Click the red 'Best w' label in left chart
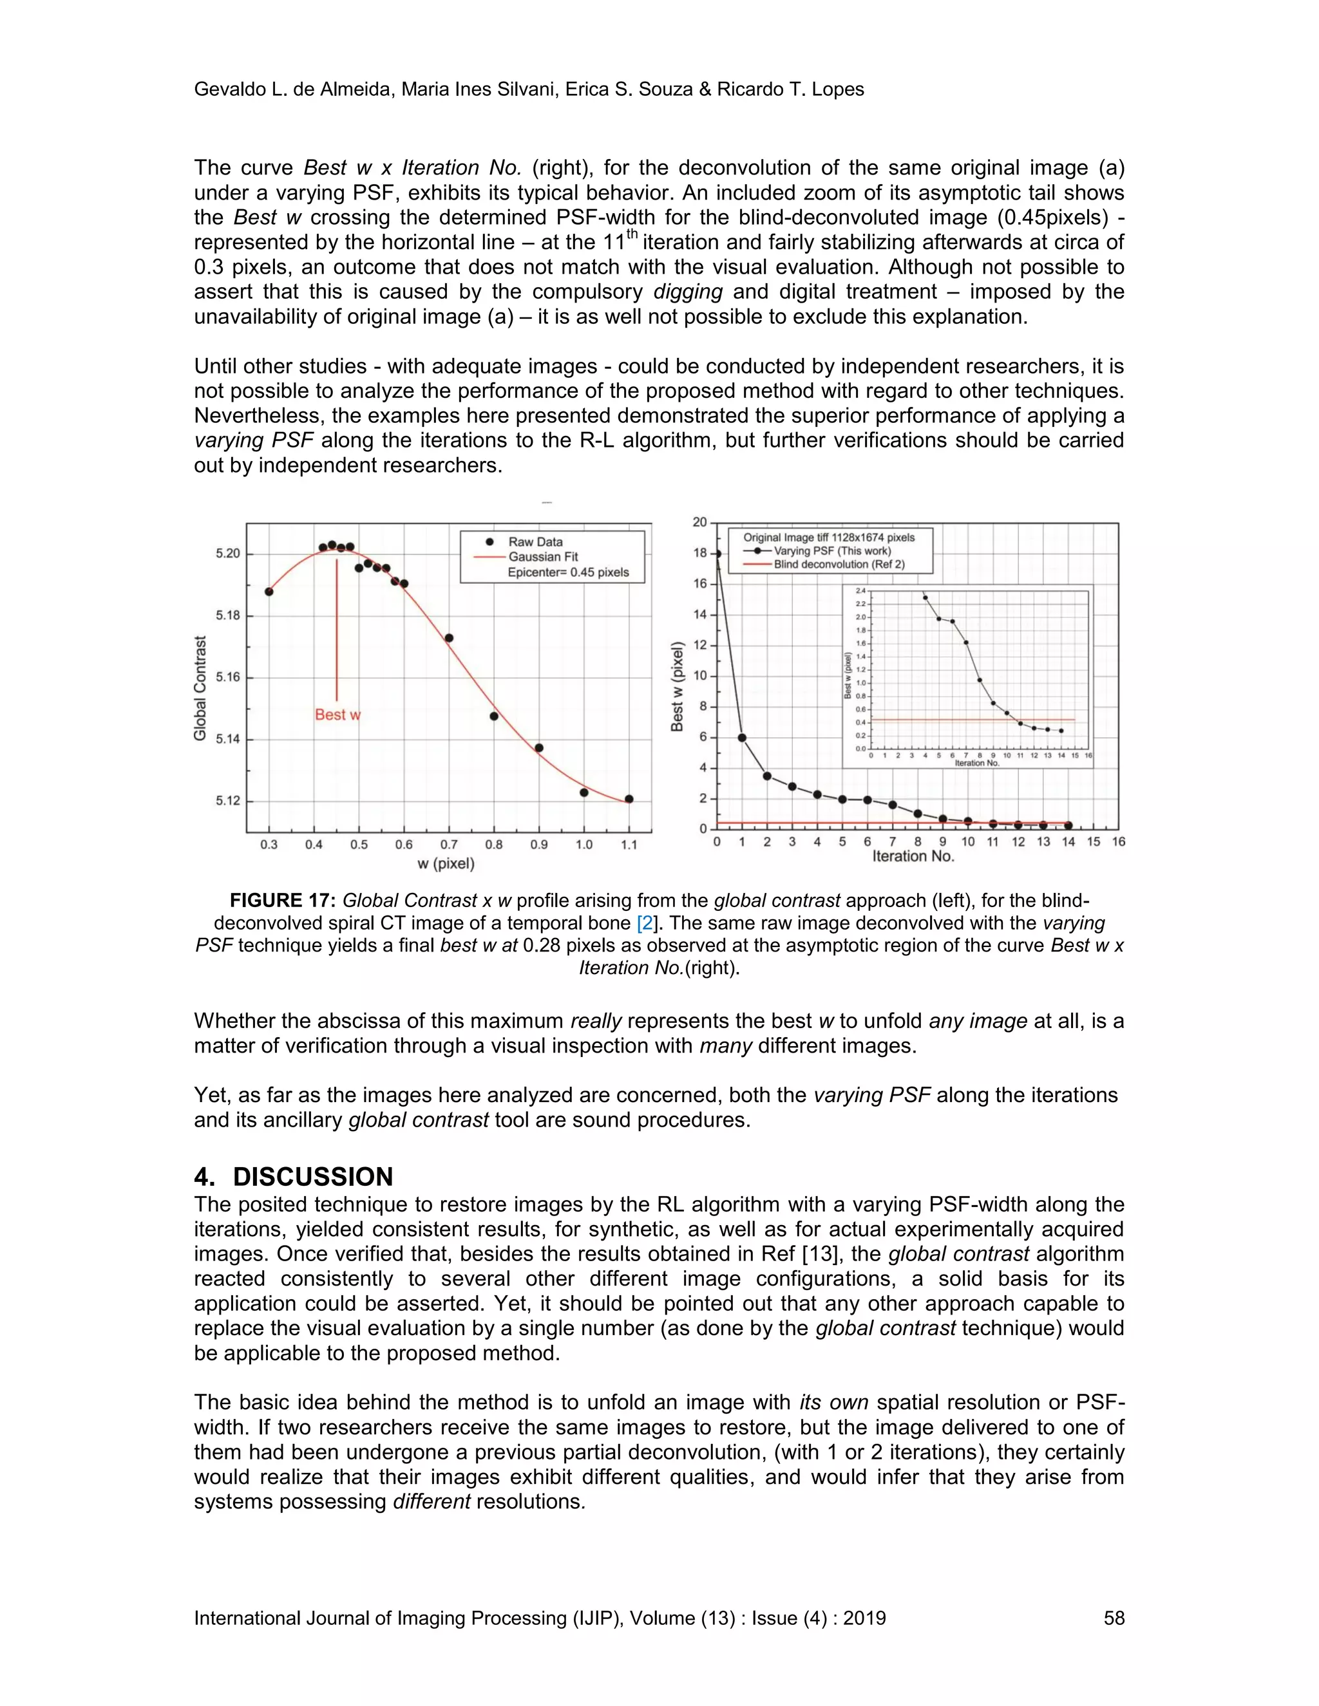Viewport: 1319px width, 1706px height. tap(337, 715)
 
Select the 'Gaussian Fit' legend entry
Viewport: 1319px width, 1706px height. tap(543, 557)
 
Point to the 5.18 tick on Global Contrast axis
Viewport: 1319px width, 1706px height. tap(228, 615)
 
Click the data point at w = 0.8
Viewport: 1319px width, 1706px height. tap(494, 717)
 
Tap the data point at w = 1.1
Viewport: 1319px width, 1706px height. tap(629, 799)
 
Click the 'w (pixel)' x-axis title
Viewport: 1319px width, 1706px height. tap(446, 864)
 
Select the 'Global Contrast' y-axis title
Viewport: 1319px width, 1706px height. tap(201, 688)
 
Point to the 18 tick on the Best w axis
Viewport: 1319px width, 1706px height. tap(699, 553)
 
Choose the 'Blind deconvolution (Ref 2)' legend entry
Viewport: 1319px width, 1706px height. tap(839, 564)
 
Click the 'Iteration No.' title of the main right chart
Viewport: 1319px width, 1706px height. tap(913, 857)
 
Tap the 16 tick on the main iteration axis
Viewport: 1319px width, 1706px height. tap(1118, 842)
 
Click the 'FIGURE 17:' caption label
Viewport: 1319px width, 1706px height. tap(282, 901)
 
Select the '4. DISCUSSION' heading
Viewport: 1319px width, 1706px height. tap(294, 1177)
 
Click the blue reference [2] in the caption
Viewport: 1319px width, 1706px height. tap(645, 923)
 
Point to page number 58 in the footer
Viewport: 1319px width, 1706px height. tap(1114, 1618)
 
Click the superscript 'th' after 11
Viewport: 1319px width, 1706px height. tap(632, 234)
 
